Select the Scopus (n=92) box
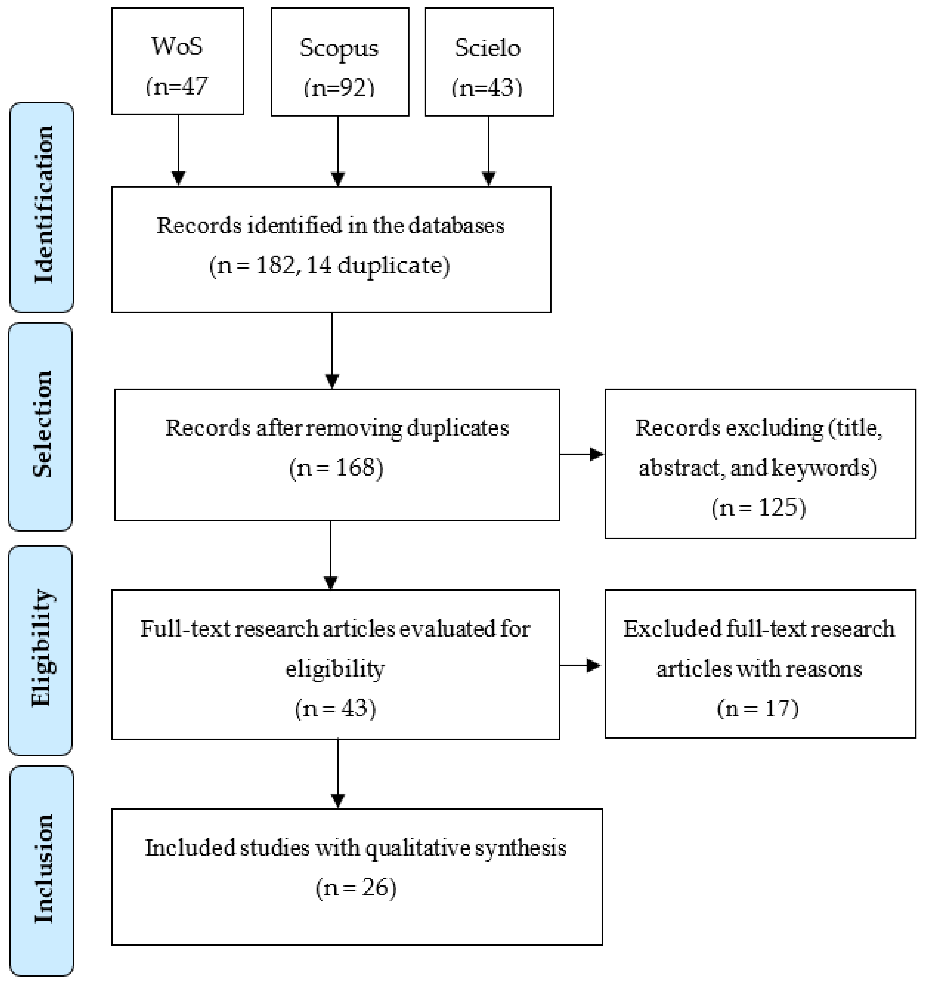[x=340, y=62]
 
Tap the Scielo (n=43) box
[x=489, y=62]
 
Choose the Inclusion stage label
[x=42, y=869]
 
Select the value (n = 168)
[x=336, y=467]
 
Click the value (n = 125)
[x=759, y=507]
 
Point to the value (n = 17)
[x=758, y=708]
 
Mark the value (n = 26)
[x=356, y=887]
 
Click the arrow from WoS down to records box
[x=178, y=151]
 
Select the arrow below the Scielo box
[x=489, y=151]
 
